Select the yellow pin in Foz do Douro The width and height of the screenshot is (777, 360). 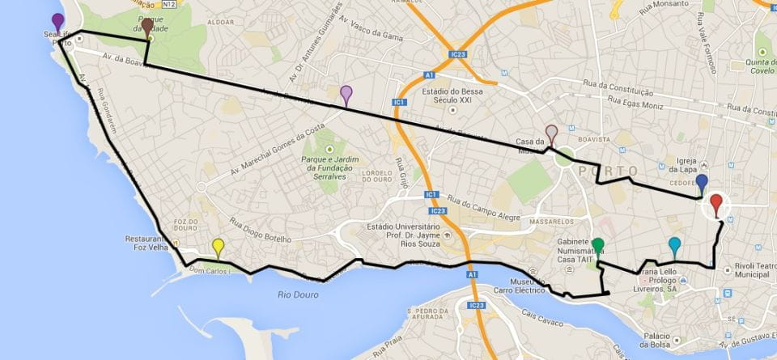(x=218, y=246)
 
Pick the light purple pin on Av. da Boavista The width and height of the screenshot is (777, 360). (x=346, y=94)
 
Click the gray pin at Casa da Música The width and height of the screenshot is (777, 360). (x=552, y=133)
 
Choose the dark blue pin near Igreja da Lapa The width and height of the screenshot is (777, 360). (x=702, y=183)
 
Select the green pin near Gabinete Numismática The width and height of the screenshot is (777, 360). (x=598, y=246)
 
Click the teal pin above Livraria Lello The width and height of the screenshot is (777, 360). (x=675, y=245)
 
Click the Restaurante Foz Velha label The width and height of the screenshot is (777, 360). (x=146, y=245)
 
